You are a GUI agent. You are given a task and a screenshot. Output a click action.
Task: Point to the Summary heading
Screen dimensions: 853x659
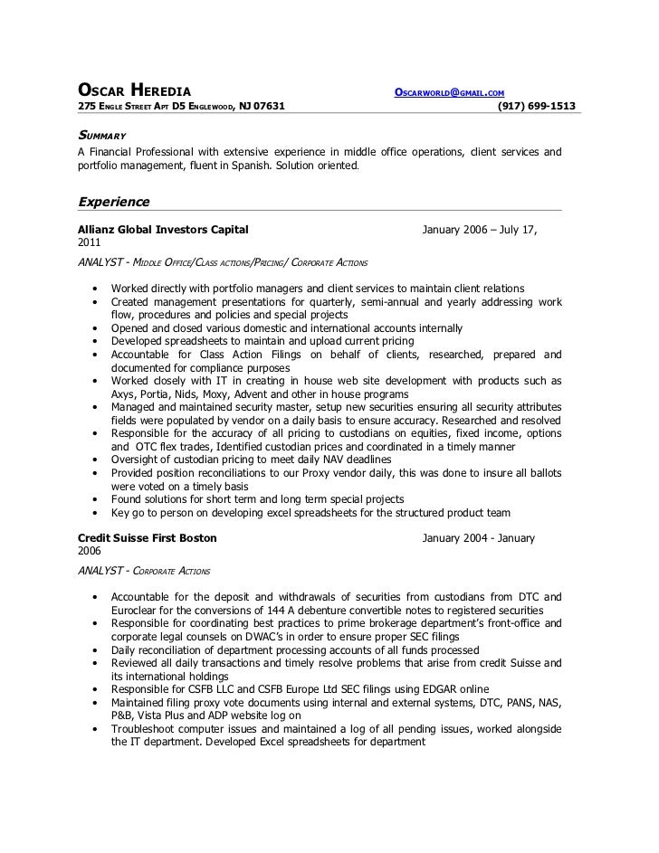101,135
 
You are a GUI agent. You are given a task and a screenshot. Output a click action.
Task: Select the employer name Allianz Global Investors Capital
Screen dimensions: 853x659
163,230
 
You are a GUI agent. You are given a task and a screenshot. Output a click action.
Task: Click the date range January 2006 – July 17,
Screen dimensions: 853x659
481,230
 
